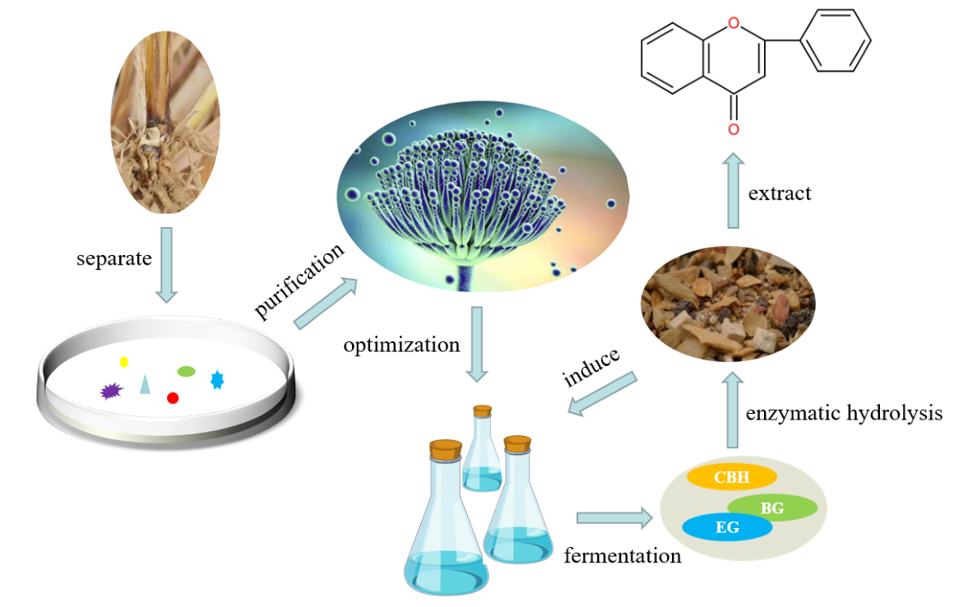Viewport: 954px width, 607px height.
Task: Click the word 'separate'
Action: pyautogui.click(x=114, y=259)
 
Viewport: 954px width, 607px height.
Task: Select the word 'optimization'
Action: pyautogui.click(x=401, y=345)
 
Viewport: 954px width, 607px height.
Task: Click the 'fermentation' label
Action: pyautogui.click(x=623, y=556)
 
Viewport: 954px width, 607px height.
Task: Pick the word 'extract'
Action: pyautogui.click(x=780, y=193)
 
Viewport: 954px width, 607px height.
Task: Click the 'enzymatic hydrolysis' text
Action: pyautogui.click(x=844, y=413)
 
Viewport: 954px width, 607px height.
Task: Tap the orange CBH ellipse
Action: pyautogui.click(x=732, y=477)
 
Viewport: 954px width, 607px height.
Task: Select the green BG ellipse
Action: pyautogui.click(x=772, y=508)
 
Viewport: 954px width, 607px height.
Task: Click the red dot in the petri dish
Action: pyautogui.click(x=173, y=398)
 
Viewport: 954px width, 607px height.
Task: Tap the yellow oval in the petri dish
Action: pyautogui.click(x=124, y=362)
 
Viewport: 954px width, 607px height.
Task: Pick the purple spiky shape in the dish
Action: pyautogui.click(x=111, y=392)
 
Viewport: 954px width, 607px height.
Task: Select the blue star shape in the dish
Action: pyautogui.click(x=217, y=379)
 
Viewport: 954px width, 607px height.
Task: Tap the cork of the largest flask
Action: pyautogui.click(x=446, y=450)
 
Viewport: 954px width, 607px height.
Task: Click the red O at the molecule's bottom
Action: pyautogui.click(x=734, y=129)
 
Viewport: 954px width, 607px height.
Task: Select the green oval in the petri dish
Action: pyautogui.click(x=187, y=372)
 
